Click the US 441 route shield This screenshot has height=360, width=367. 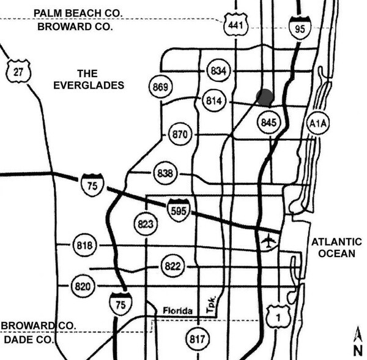(x=236, y=24)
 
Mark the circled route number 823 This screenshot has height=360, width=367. (x=146, y=223)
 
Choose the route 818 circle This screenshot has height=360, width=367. (x=85, y=246)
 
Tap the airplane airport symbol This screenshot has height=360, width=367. (x=269, y=241)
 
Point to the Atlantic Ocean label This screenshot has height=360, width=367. (x=336, y=247)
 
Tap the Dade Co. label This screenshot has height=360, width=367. (x=28, y=339)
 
